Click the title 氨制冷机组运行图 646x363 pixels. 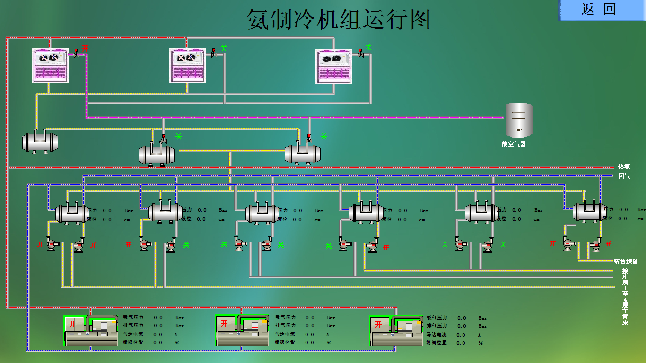click(x=339, y=20)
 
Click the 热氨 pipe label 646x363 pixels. click(x=624, y=167)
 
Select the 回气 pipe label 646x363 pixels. click(x=624, y=176)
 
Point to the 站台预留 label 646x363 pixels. click(x=626, y=261)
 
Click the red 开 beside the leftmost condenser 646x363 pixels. click(x=85, y=48)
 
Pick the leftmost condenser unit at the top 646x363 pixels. click(x=50, y=65)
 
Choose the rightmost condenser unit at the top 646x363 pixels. click(x=334, y=65)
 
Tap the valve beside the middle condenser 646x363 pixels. click(x=214, y=53)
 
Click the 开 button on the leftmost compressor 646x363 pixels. click(x=73, y=324)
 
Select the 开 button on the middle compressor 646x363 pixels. click(x=224, y=324)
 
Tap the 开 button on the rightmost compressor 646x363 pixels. click(x=378, y=325)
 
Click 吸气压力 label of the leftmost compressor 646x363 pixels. click(x=133, y=318)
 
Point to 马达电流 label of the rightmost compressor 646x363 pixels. click(x=436, y=335)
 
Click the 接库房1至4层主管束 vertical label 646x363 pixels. click(x=625, y=296)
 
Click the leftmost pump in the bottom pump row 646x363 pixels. click(x=51, y=244)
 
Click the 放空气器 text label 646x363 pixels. click(x=514, y=144)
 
